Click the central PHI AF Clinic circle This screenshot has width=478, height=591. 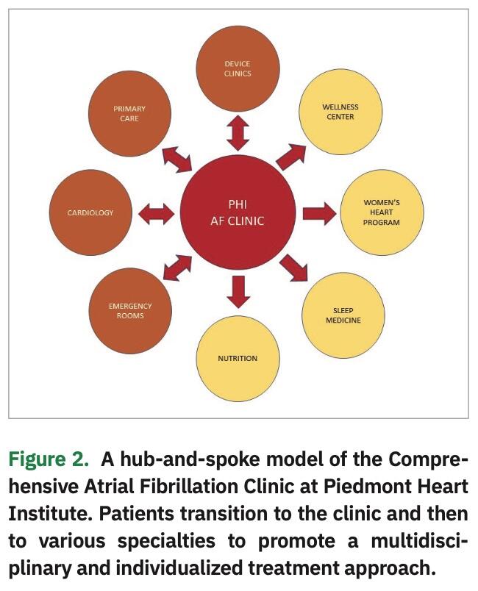tap(238, 213)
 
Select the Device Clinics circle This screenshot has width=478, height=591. tap(238, 68)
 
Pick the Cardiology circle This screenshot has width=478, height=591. tap(90, 212)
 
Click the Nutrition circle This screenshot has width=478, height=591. tap(238, 358)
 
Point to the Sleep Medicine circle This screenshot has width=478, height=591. tap(343, 315)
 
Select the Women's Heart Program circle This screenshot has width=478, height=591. tap(382, 212)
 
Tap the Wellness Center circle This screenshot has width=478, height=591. tap(339, 112)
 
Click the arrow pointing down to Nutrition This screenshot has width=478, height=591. tap(238, 290)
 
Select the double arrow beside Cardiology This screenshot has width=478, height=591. tap(157, 213)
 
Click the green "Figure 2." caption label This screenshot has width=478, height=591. tap(48, 460)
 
